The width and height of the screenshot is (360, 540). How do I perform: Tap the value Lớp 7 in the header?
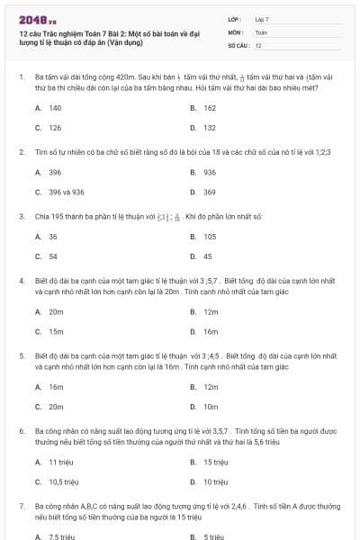coord(262,19)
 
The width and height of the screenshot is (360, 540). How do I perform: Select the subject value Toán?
coord(261,31)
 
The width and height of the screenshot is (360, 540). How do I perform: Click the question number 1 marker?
coord(21,77)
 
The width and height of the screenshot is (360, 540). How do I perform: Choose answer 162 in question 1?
coord(209,108)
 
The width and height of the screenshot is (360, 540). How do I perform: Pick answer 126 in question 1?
coord(55,128)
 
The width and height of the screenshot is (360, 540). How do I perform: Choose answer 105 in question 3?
coord(210,237)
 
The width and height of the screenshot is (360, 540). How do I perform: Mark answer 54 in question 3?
coord(53,256)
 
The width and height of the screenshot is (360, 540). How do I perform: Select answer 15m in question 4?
coord(56,331)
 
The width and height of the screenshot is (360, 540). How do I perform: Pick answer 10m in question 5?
coord(211,407)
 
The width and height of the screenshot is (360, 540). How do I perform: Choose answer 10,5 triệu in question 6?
coord(64,481)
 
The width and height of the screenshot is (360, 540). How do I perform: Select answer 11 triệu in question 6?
coord(60,462)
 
